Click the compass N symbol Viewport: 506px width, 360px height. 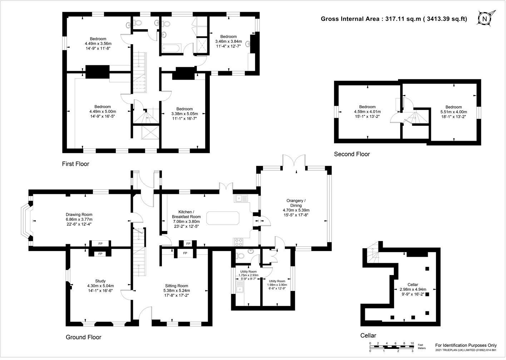coord(484,19)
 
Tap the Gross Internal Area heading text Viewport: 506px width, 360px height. coord(394,19)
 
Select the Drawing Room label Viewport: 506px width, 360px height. coord(79,219)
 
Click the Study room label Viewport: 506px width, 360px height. coord(100,286)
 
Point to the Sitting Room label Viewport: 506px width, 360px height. coord(177,290)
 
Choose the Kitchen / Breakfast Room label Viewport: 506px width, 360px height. coord(186,219)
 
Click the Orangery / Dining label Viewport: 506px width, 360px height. coord(296,207)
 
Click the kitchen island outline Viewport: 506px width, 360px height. coord(223,218)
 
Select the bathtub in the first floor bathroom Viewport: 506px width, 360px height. coord(172,48)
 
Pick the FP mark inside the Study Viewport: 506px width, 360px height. coord(100,254)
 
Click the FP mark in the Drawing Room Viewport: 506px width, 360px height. coord(100,244)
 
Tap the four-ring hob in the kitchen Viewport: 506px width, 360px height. coord(239,242)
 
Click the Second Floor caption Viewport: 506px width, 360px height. coord(352,154)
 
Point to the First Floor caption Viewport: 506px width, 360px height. coord(76,164)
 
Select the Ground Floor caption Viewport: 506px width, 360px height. coord(83,337)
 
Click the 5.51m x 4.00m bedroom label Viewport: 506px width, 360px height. coord(453,112)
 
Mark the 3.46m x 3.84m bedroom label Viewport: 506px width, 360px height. coord(228,41)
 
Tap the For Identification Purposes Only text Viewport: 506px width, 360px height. coord(466,345)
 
